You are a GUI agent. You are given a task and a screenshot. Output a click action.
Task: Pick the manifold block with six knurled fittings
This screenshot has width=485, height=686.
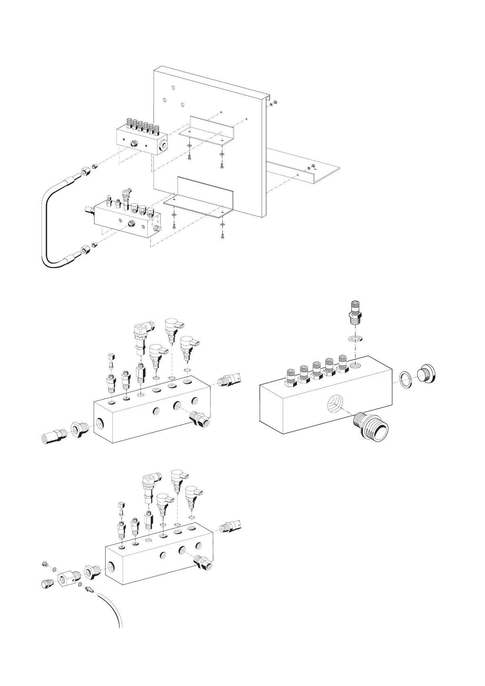pyautogui.click(x=140, y=139)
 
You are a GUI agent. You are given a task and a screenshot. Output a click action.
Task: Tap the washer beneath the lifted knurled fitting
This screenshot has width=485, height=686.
pyautogui.click(x=356, y=339)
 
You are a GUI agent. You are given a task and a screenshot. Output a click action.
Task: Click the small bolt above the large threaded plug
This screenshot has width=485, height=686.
pyautogui.click(x=45, y=564)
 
